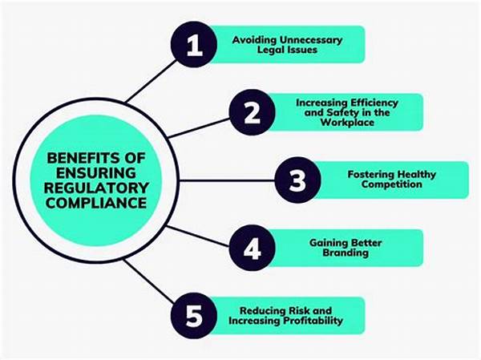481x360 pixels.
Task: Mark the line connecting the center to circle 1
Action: [x=148, y=83]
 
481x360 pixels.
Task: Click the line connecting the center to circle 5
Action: [x=148, y=280]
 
